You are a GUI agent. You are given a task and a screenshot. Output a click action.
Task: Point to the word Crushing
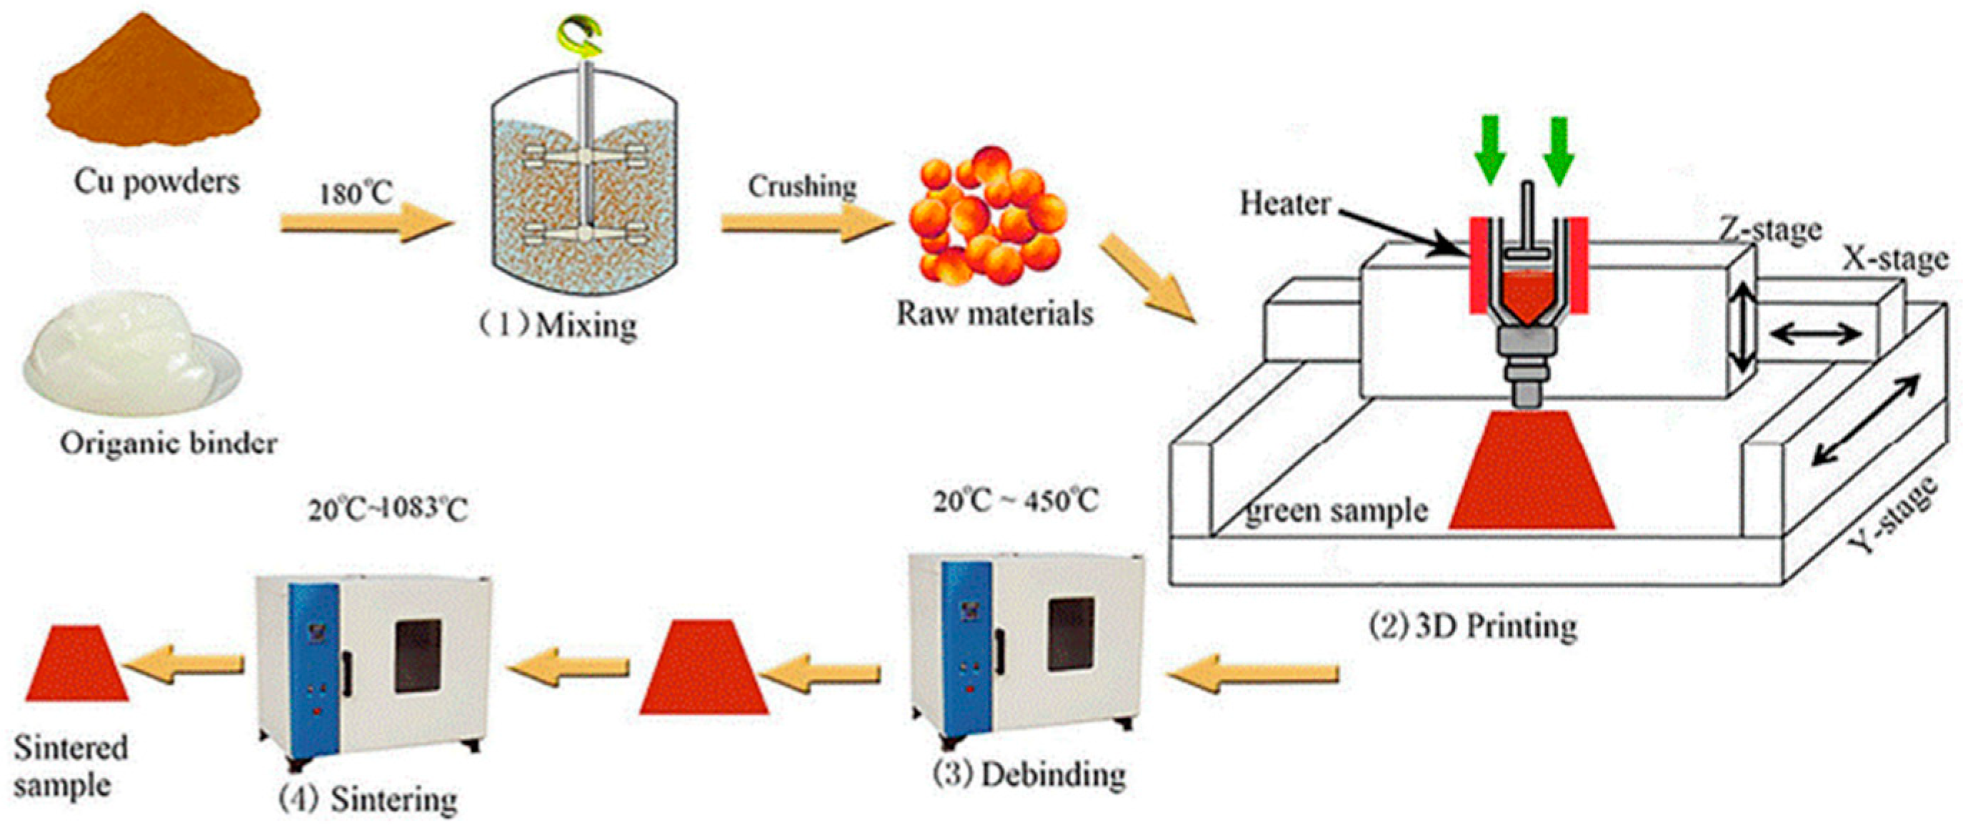tap(801, 186)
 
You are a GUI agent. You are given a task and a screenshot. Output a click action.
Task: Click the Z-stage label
tap(1769, 229)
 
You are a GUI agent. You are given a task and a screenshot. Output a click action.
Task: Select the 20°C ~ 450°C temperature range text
tap(1016, 501)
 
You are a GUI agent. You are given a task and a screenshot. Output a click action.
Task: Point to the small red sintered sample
tap(77, 663)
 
